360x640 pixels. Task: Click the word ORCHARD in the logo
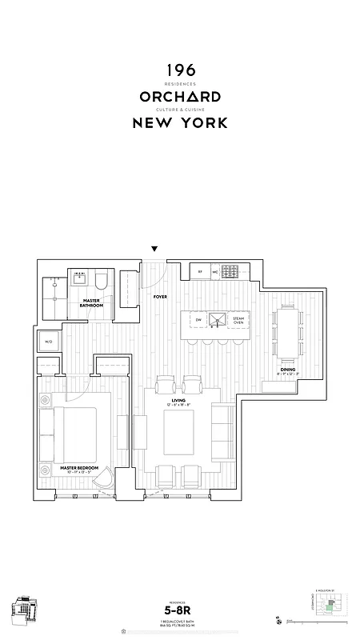click(x=180, y=96)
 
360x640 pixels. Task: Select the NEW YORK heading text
click(x=180, y=122)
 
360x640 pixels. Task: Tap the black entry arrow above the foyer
click(x=155, y=250)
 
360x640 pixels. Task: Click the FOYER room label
click(x=159, y=296)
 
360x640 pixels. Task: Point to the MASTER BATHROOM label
click(x=90, y=303)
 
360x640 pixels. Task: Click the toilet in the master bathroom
click(x=101, y=281)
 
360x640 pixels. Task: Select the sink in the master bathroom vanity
click(x=80, y=279)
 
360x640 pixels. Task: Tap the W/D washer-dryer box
click(x=48, y=342)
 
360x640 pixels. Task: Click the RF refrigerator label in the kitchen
click(x=200, y=272)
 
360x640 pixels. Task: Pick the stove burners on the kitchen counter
click(x=230, y=271)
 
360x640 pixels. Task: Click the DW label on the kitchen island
click(x=198, y=320)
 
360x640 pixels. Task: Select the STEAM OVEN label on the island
click(x=238, y=320)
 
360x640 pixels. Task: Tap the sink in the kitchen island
click(x=218, y=320)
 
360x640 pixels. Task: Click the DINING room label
click(x=286, y=370)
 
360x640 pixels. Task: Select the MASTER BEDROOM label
click(x=78, y=466)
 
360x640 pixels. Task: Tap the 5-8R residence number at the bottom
click(x=180, y=610)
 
